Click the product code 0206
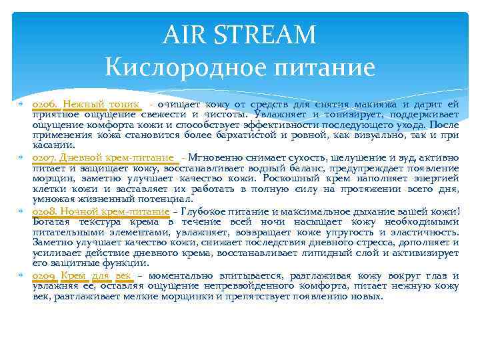click(x=45, y=105)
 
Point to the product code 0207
click(x=45, y=157)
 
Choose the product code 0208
click(x=45, y=211)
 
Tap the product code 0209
click(x=45, y=275)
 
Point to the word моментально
click(x=181, y=275)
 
